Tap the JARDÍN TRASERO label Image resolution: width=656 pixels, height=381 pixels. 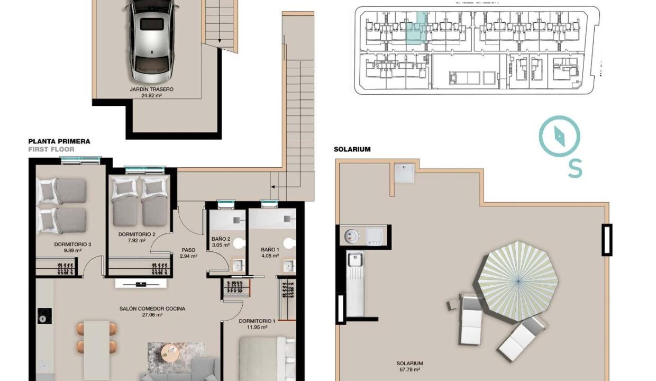151,89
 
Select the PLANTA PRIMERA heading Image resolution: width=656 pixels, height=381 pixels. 59,141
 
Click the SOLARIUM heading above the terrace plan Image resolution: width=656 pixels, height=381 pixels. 352,149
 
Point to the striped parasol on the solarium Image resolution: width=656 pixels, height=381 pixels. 518,281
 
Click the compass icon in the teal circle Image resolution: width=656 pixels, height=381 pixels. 560,136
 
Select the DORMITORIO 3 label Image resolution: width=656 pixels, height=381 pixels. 72,244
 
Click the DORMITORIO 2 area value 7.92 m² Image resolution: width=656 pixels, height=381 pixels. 136,241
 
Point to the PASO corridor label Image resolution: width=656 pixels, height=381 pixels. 188,250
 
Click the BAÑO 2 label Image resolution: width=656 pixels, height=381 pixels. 221,239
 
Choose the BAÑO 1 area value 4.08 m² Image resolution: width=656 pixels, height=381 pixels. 270,256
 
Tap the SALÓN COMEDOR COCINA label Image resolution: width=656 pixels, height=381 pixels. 152,309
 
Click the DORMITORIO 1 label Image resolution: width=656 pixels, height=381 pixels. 257,321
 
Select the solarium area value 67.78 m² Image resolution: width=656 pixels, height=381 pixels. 409,370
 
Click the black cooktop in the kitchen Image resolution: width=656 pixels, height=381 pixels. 44,316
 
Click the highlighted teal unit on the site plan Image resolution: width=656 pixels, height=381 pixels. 417,28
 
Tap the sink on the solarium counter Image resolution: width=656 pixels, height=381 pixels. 355,260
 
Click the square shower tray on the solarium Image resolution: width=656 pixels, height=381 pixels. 404,173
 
